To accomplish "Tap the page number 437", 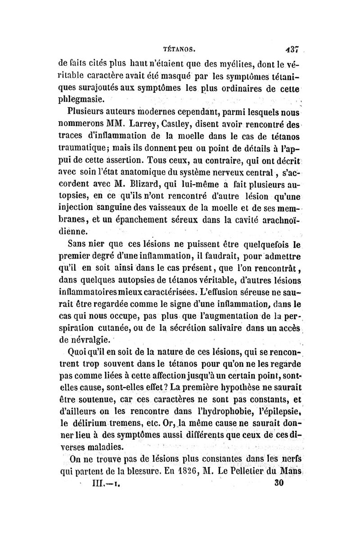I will click(287, 45).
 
